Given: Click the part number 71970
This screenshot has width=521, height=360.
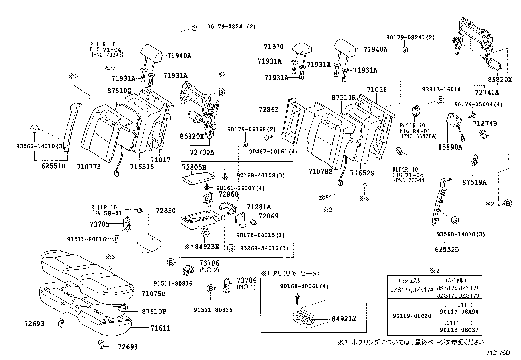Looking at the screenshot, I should [274, 47].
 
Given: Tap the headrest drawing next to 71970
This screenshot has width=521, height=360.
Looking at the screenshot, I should [301, 49].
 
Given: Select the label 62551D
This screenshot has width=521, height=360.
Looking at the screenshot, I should [54, 166].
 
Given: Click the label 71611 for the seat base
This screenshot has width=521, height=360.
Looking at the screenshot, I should [160, 328].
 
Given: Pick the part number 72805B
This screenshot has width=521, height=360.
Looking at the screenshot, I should [194, 167].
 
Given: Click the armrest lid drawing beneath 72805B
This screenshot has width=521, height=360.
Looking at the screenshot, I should [198, 179].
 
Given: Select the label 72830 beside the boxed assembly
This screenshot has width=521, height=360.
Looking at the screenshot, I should [166, 210].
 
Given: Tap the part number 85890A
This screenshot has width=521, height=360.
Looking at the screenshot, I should [450, 147].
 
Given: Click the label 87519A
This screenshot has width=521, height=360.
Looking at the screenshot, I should [474, 182].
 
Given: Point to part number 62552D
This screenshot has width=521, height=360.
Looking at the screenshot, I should [447, 250].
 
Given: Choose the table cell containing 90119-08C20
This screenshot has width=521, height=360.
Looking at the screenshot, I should [411, 316].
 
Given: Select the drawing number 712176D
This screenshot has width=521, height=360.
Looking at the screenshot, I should [498, 353].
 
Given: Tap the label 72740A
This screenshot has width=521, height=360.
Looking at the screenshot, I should [487, 92].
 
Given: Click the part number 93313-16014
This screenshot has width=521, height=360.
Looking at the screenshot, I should [441, 89].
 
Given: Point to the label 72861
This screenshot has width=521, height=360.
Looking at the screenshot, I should [269, 109].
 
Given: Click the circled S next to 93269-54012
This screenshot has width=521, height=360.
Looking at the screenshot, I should [231, 248].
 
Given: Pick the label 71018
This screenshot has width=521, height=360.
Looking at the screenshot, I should [377, 90].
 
